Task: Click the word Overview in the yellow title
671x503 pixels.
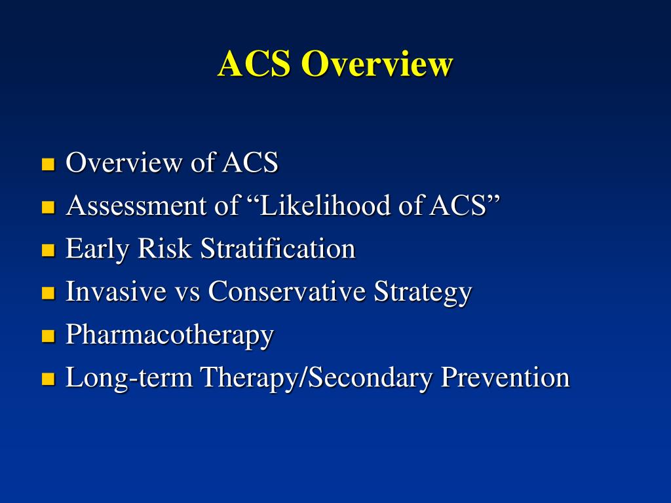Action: pos(377,64)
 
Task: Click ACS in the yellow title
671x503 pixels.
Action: pos(254,64)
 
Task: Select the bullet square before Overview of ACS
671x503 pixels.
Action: pos(47,164)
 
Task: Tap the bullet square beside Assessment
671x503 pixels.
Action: pos(47,208)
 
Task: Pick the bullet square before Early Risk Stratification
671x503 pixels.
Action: pos(47,250)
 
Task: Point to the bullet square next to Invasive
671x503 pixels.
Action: pos(47,293)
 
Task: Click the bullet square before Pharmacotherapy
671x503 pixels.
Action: pos(47,337)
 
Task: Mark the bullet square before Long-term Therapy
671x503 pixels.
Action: pos(47,379)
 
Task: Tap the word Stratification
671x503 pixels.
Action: pos(278,249)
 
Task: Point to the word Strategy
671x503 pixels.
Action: pos(423,292)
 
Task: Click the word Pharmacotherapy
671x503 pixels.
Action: pos(170,335)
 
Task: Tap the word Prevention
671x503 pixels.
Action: pos(505,378)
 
